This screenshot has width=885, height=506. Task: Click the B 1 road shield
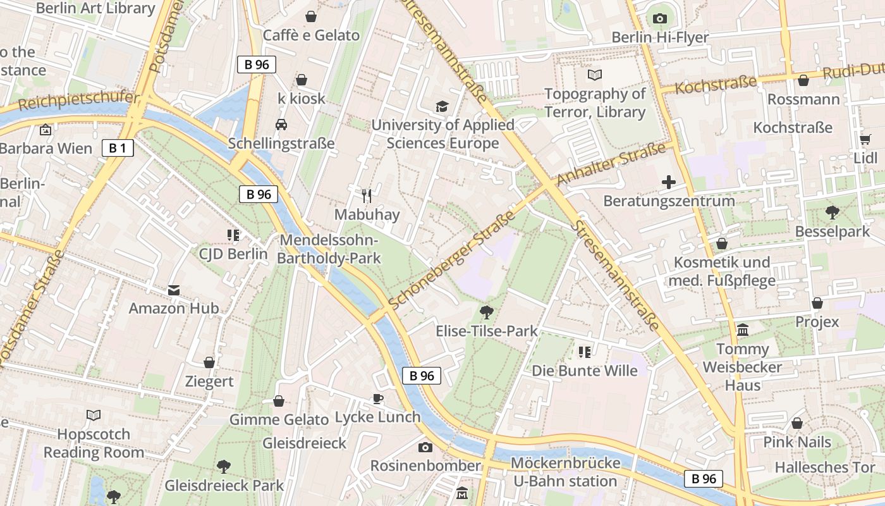pos(118,149)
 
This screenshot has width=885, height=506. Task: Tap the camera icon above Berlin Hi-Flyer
pos(660,18)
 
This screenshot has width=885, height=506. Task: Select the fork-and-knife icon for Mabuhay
pos(367,196)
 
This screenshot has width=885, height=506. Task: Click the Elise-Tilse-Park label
pos(487,331)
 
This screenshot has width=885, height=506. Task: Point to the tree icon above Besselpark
pos(833,213)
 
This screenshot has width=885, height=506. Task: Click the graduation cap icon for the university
pos(442,106)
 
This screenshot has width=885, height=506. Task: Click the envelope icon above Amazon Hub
pos(174,290)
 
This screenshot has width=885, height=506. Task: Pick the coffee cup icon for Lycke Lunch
pos(377,398)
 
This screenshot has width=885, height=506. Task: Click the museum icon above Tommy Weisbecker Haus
pos(743,330)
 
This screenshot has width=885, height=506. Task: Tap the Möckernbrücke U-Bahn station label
pos(565,472)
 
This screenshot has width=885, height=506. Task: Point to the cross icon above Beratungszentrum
pos(668,183)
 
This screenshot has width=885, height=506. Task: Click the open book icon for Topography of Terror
pos(595,75)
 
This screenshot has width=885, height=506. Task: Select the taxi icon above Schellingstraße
pos(281,125)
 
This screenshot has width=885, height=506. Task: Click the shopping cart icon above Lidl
pos(865,139)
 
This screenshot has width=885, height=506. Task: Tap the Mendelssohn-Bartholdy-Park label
pos(329,249)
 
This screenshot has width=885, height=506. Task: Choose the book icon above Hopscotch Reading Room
pos(94,415)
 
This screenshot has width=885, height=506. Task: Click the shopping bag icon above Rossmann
pos(803,80)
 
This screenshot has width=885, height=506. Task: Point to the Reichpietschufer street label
pos(79,100)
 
